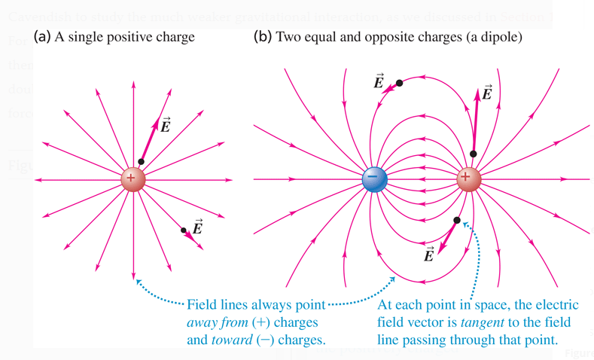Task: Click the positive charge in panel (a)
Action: [x=133, y=179]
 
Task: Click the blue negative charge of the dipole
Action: [x=374, y=179]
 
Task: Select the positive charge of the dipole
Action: [x=468, y=179]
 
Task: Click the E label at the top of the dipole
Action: [x=379, y=81]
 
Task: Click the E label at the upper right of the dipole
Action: [x=486, y=93]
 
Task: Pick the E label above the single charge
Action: [x=165, y=125]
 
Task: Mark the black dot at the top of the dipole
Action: [x=399, y=83]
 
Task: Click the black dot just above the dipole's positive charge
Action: [x=473, y=154]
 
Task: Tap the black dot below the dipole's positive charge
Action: [x=457, y=221]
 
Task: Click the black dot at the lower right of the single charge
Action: [x=184, y=230]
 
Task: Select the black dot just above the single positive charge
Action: [x=142, y=162]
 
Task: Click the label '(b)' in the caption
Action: [x=263, y=37]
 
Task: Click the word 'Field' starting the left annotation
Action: [x=201, y=305]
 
